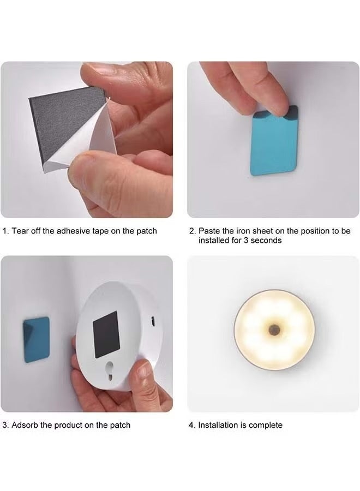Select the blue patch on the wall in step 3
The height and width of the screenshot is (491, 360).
point(37,339)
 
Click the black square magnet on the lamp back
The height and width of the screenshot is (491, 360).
point(106,334)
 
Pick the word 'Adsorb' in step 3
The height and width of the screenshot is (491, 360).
point(25,424)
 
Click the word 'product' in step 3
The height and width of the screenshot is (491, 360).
point(71,424)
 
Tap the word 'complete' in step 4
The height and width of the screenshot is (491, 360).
point(266,424)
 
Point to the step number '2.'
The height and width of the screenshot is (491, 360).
point(191,231)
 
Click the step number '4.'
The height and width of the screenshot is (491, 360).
point(191,424)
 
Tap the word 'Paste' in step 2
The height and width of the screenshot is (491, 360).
point(209,231)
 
